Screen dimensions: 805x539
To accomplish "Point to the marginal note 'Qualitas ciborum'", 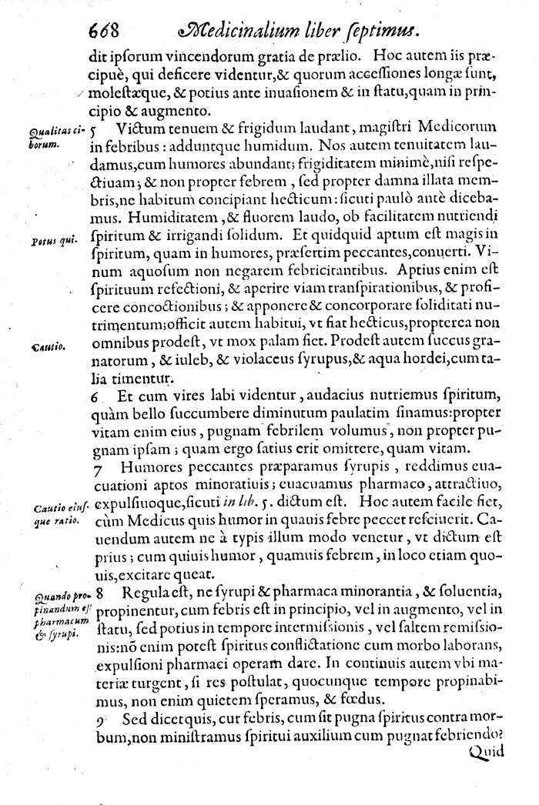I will pos(55,136).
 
